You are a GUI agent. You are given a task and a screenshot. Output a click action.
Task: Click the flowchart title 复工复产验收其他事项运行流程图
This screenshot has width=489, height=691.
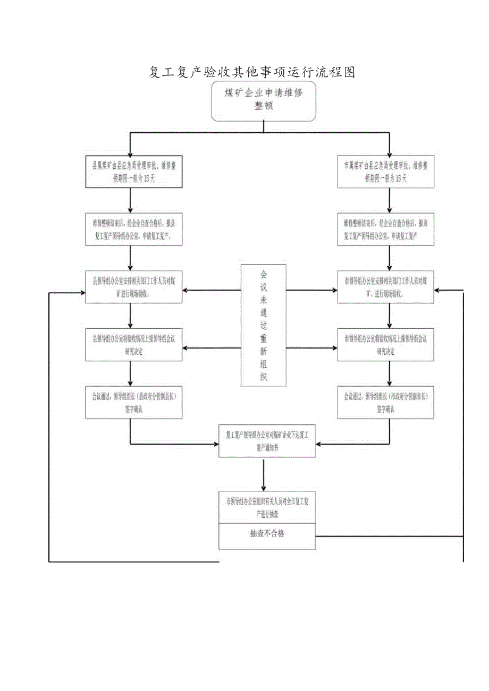252,72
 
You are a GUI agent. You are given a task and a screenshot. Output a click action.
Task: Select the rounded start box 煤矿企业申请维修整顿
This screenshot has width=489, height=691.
264,100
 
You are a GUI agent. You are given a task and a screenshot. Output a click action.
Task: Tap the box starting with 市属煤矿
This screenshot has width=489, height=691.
385,172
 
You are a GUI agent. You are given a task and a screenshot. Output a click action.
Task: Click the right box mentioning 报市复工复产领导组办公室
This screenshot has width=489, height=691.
385,229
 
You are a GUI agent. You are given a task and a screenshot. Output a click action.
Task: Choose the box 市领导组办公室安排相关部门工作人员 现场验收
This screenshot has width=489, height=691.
385,287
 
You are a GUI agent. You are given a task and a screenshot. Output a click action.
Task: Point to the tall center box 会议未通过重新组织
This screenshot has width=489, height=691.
264,326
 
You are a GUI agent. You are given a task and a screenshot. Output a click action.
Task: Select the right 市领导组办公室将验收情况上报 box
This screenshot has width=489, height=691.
385,345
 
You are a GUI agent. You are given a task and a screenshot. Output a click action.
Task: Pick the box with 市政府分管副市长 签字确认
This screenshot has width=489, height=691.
385,403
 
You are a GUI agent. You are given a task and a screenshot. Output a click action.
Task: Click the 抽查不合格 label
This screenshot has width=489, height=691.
267,534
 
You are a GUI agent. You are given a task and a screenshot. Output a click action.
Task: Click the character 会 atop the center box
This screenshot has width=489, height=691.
264,275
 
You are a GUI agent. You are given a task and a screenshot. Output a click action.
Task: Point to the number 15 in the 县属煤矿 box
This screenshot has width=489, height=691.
147,178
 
